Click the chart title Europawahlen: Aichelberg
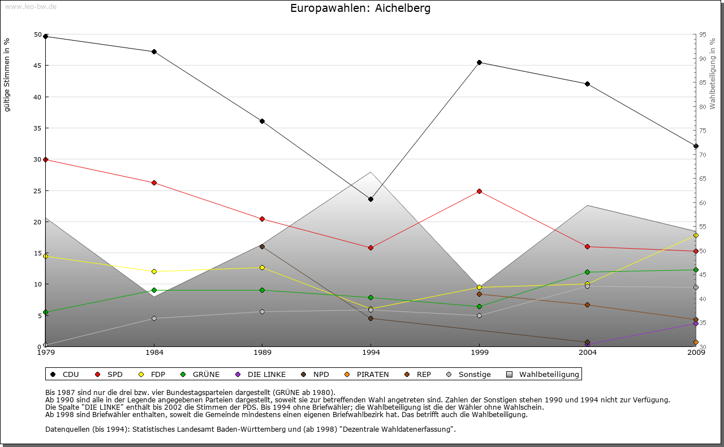click(360, 8)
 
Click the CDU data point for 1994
click(370, 199)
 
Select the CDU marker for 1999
click(479, 62)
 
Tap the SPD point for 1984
click(154, 183)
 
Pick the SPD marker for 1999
click(479, 191)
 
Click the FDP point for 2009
click(696, 235)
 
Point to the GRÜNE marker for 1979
click(45, 312)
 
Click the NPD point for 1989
click(262, 246)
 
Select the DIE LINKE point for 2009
click(696, 323)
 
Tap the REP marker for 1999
click(479, 294)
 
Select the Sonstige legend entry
click(469, 374)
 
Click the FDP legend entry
click(153, 374)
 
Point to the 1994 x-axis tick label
click(371, 353)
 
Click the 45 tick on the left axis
click(38, 66)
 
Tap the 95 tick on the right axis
click(703, 34)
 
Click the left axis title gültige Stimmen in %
click(7, 75)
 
